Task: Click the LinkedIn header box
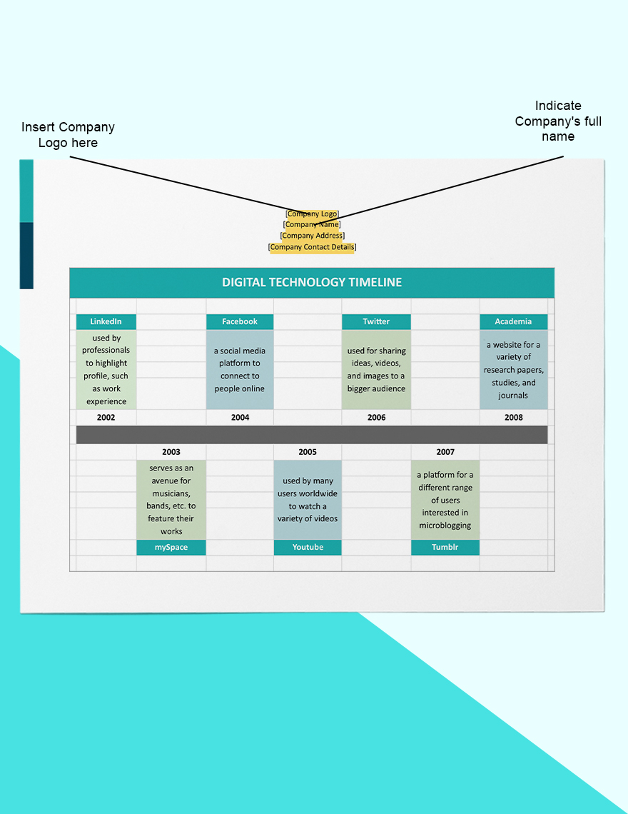pyautogui.click(x=106, y=321)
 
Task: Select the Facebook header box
pyautogui.click(x=240, y=321)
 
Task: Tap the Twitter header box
pyautogui.click(x=376, y=321)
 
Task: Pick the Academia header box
pyautogui.click(x=513, y=321)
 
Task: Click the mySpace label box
pyautogui.click(x=171, y=547)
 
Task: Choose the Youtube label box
pyautogui.click(x=308, y=547)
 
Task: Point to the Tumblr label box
pyautogui.click(x=445, y=547)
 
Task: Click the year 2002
pyautogui.click(x=106, y=417)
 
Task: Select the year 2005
pyautogui.click(x=308, y=451)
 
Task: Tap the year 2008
pyautogui.click(x=513, y=417)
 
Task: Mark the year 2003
pyautogui.click(x=171, y=451)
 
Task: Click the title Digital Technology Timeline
pyautogui.click(x=312, y=282)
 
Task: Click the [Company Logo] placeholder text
pyautogui.click(x=312, y=213)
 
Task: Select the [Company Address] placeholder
pyautogui.click(x=312, y=236)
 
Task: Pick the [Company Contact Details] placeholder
pyautogui.click(x=312, y=247)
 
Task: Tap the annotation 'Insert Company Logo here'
pyautogui.click(x=68, y=135)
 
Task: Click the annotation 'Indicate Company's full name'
pyautogui.click(x=558, y=121)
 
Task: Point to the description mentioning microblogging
pyautogui.click(x=445, y=500)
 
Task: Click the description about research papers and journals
pyautogui.click(x=513, y=369)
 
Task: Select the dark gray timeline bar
pyautogui.click(x=312, y=434)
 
